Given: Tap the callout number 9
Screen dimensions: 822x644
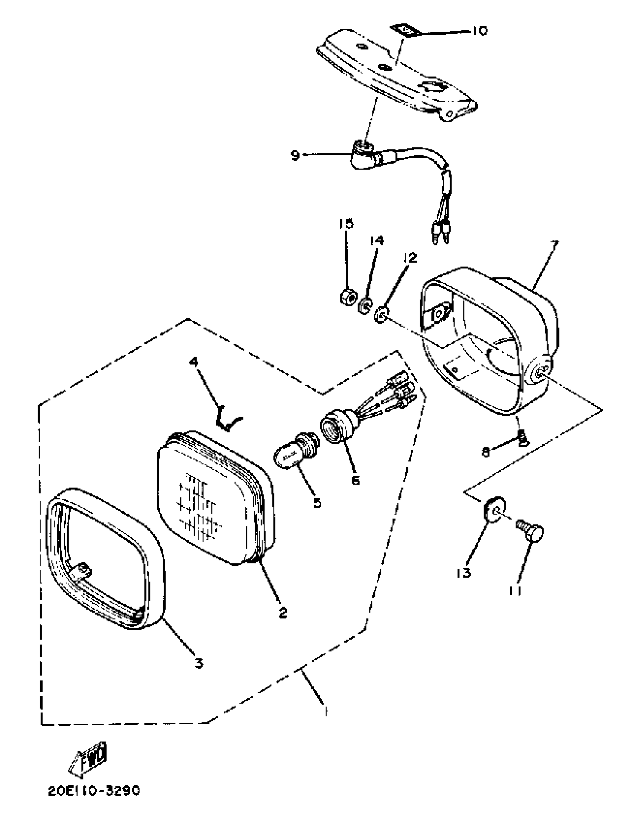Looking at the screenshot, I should point(295,155).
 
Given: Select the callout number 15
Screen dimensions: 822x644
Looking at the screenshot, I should point(345,223).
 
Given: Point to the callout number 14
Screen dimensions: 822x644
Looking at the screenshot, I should point(377,241).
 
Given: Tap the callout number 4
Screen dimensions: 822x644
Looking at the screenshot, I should point(194,362).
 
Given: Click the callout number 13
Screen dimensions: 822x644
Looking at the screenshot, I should point(464,573).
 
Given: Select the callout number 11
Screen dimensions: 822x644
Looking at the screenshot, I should point(514,591).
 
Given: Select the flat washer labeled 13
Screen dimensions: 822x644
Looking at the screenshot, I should point(495,510).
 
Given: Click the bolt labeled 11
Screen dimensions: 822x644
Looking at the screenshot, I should point(531,530).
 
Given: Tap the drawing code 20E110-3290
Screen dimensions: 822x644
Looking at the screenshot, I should point(94,791).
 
